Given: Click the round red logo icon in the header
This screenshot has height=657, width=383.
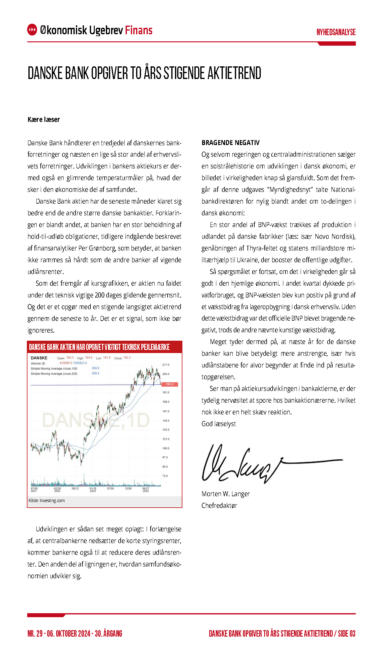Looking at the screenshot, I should (x=32, y=30).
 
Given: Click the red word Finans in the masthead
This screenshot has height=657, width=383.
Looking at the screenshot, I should (x=139, y=30).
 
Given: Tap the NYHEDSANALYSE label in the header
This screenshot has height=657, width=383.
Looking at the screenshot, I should (x=336, y=32).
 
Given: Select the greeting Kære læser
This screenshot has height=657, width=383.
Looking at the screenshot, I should (x=44, y=120).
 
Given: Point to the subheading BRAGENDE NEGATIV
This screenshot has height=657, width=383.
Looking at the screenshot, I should (x=231, y=143).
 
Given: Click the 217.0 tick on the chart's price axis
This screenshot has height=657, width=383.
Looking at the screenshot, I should (x=166, y=365).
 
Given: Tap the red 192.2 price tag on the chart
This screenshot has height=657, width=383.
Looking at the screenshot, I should (x=169, y=384).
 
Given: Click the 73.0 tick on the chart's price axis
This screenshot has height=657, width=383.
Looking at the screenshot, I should (x=165, y=476).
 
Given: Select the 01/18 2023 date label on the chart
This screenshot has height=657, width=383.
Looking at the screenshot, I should (x=93, y=490).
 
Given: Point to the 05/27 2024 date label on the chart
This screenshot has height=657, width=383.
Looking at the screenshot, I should (x=146, y=490).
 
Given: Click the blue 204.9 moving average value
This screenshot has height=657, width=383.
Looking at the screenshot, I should (x=95, y=368).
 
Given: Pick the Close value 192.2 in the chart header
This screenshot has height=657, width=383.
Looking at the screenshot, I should (x=127, y=358).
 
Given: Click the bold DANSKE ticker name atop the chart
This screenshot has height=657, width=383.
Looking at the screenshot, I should (x=39, y=358).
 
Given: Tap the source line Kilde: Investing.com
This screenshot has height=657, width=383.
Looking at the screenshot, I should (x=47, y=501).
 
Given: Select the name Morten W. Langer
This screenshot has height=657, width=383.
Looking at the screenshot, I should (x=225, y=494).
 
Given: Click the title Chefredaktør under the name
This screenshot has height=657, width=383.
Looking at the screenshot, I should (x=219, y=506).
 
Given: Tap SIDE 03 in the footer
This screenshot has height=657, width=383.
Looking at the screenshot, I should (x=347, y=634).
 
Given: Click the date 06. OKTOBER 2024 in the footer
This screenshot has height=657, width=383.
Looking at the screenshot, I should (x=69, y=634).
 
